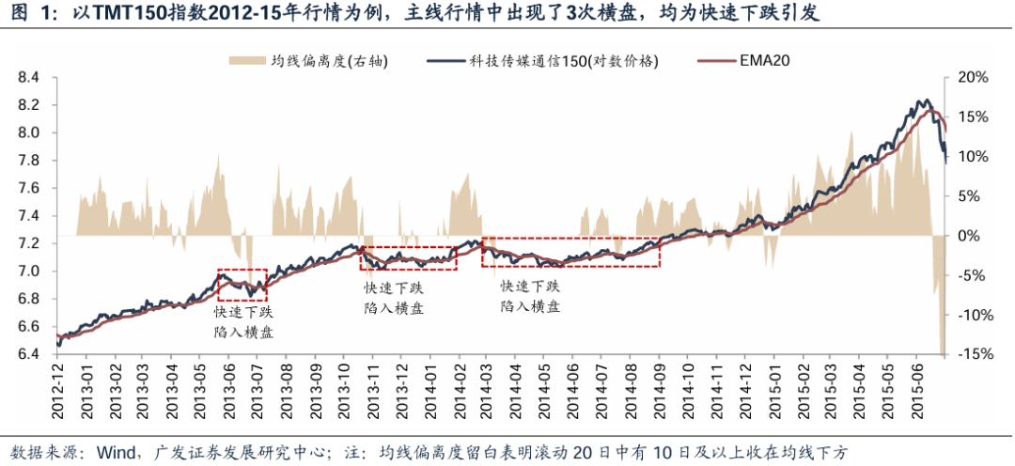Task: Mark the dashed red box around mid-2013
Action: (242, 285)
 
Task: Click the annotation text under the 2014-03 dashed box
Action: (530, 296)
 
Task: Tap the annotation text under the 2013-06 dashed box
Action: (243, 321)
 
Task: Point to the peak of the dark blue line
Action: (924, 101)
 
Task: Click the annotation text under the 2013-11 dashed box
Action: (393, 297)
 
